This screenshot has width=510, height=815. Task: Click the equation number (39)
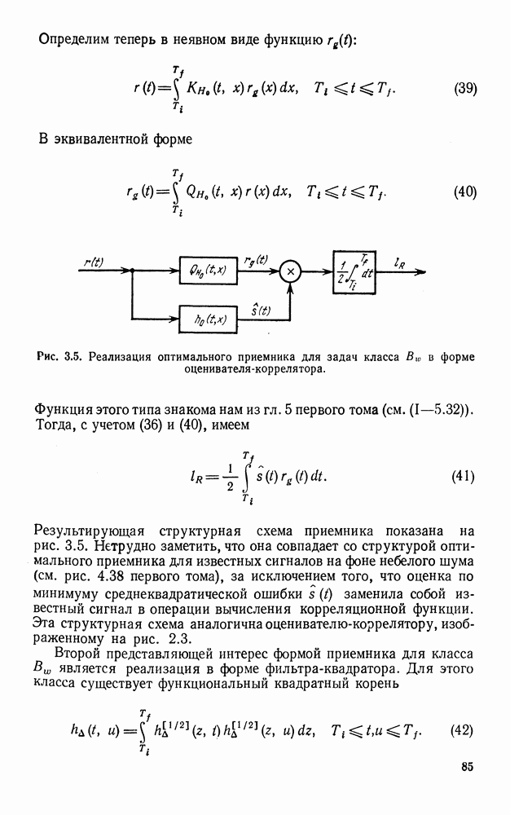coord(465,89)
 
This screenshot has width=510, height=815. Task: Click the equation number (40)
coord(465,193)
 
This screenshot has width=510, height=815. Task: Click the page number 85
coord(467,766)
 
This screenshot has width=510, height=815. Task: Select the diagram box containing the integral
coord(356,269)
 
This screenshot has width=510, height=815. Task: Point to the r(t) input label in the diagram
coord(94,262)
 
